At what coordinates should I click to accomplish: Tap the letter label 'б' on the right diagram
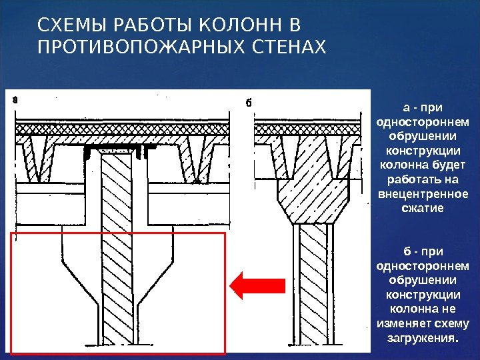248,103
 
